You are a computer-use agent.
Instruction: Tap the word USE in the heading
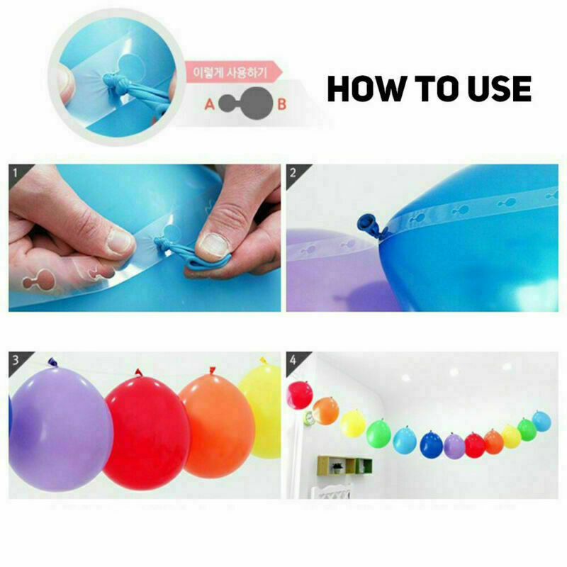500,88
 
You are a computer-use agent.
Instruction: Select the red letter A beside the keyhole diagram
209,104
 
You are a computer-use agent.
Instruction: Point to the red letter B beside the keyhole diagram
281,104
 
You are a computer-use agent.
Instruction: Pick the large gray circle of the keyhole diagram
257,103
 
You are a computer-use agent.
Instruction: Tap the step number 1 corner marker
16,173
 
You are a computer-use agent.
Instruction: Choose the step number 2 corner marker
293,173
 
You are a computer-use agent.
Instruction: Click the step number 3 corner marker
16,360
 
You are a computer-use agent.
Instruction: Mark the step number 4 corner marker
293,360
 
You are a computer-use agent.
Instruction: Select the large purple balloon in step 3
60,429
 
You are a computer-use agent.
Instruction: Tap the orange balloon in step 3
217,425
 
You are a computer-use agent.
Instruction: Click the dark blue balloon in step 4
432,444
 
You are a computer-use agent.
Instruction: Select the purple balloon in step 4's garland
454,447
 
